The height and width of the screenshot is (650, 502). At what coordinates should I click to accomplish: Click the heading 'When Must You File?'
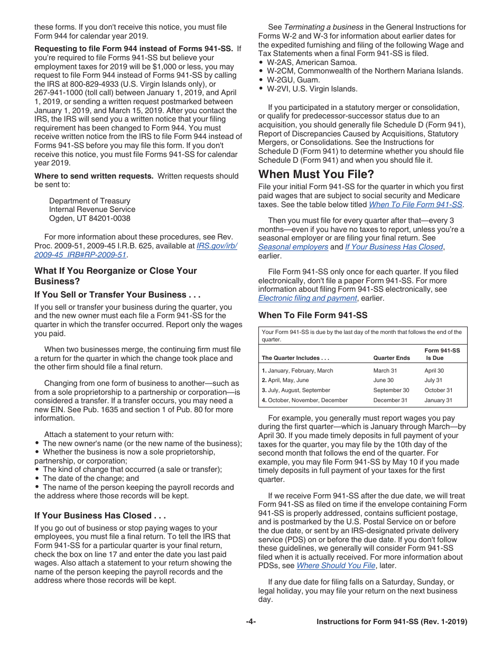tap(316, 174)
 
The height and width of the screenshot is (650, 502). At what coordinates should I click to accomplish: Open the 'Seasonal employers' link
tap(293, 247)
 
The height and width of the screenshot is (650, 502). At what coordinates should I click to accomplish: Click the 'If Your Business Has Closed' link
tap(394, 247)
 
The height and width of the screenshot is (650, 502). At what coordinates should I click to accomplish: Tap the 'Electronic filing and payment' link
tap(308, 298)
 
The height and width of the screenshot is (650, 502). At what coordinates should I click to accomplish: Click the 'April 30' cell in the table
tap(434, 370)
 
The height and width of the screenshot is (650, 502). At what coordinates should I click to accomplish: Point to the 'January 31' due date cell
tap(438, 400)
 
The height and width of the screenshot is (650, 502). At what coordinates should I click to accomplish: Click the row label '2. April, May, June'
tap(285, 380)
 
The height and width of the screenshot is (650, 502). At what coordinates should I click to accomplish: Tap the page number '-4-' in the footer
tap(251, 622)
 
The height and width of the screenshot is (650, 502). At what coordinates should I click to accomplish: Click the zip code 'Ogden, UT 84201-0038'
tap(89, 218)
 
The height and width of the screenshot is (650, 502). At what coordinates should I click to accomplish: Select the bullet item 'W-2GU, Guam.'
tap(293, 80)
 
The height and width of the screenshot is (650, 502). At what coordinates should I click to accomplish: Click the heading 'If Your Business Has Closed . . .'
tap(100, 515)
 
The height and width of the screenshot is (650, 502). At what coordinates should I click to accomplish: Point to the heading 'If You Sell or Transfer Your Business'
tap(117, 294)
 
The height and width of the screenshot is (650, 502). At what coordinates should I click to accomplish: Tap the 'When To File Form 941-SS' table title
tap(313, 315)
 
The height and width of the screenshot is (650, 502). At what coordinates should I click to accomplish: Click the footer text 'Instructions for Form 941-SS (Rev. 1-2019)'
tap(392, 622)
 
